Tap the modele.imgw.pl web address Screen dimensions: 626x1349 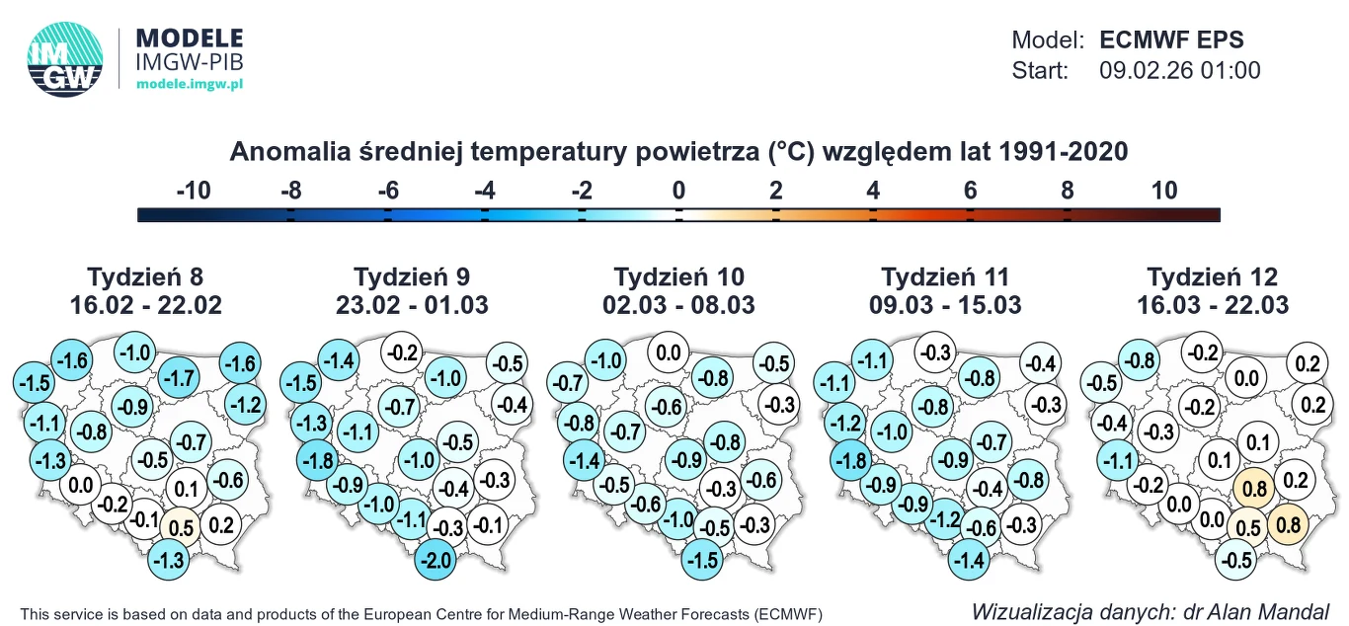(x=189, y=85)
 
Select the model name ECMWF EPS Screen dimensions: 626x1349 (x=1171, y=40)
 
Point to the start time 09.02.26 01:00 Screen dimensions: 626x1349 (x=1179, y=71)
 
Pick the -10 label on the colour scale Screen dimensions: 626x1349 (x=194, y=191)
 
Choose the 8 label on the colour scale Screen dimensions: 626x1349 (x=1068, y=191)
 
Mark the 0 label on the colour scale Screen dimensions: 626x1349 (x=678, y=191)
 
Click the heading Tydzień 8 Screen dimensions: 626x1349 (x=146, y=276)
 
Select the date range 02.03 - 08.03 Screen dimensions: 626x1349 (x=679, y=305)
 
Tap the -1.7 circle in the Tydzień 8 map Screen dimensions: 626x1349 (x=179, y=376)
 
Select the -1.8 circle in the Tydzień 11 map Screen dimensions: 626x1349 (x=849, y=460)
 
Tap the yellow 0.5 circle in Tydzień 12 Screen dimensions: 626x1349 (x=1248, y=526)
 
